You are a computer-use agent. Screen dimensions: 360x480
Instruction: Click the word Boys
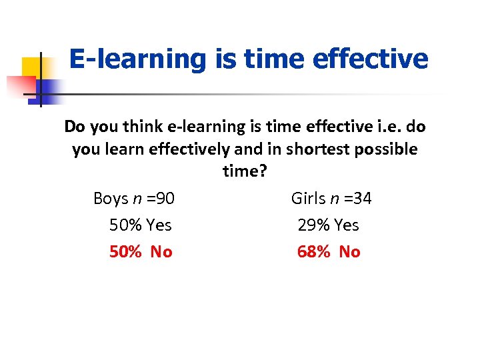111,199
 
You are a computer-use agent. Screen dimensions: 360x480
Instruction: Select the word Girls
309,199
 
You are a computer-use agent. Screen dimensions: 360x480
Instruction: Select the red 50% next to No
125,252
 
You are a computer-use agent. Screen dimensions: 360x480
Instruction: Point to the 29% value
313,225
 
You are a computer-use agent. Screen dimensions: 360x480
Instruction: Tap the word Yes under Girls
347,225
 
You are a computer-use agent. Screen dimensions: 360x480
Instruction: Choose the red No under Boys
161,252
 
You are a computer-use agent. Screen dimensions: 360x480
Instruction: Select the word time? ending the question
245,171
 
